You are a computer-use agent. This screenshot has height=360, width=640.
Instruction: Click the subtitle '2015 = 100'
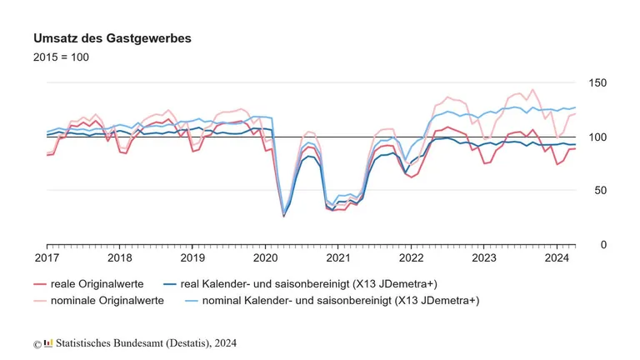[x=61, y=57]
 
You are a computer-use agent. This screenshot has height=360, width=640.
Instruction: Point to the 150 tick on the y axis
[x=597, y=83]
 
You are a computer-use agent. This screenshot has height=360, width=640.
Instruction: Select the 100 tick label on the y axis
[x=597, y=137]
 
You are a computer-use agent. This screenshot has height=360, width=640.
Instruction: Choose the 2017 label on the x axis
[x=47, y=258]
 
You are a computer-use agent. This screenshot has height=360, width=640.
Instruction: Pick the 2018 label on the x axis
[x=119, y=258]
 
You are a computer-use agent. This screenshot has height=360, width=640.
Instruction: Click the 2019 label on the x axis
[x=192, y=258]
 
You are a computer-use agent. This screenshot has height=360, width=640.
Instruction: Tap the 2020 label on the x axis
[x=265, y=258]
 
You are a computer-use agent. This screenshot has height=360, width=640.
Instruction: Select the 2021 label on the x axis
[x=337, y=258]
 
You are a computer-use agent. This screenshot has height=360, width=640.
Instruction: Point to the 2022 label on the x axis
[x=410, y=258]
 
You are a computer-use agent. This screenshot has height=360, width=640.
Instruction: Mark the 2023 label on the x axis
[x=482, y=258]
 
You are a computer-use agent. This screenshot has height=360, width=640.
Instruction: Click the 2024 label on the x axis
[x=556, y=258]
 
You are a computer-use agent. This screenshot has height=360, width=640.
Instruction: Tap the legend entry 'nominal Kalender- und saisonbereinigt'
[x=330, y=300]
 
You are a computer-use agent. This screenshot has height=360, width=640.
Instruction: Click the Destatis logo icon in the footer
[x=48, y=343]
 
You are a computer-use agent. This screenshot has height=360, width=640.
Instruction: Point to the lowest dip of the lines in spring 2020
[x=283, y=215]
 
